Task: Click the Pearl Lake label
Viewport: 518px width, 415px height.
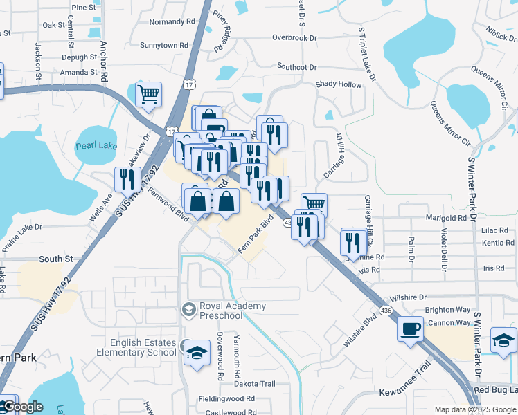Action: (x=96, y=145)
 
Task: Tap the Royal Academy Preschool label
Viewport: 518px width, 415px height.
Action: (x=221, y=311)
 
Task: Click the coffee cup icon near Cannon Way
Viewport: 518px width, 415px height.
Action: (x=411, y=327)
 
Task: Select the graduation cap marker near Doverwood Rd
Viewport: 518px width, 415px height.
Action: (x=197, y=353)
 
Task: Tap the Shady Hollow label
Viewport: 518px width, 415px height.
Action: (x=339, y=84)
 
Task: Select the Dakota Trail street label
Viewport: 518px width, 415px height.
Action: (x=254, y=384)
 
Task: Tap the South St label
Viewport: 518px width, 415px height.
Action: (x=55, y=259)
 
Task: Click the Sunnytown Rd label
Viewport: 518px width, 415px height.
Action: (x=164, y=45)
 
